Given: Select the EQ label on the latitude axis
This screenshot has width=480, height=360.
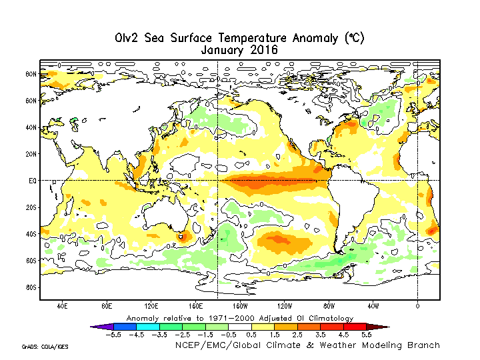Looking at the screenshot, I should tap(32, 181).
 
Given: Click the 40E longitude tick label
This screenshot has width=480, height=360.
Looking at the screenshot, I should tap(62, 307).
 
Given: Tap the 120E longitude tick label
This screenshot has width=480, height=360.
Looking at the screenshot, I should tap(151, 307).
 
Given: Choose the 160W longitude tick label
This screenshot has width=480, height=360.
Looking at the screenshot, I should tap(240, 307).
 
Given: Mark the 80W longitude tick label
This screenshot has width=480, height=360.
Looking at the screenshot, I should tap(329, 307).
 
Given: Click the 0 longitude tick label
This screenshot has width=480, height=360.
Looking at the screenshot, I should tap(417, 307).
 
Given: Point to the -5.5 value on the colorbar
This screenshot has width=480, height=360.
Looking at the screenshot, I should tap(113, 335).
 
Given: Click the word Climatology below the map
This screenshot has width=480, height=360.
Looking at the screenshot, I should tap(325, 318).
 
